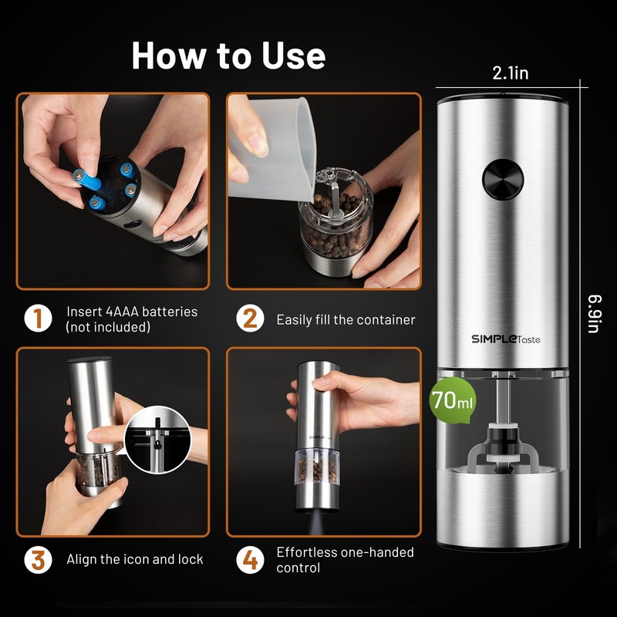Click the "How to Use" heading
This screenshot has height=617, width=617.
click(228, 56)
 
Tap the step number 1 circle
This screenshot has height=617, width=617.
click(38, 319)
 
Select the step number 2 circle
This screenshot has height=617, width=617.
click(249, 319)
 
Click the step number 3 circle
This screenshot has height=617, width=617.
click(38, 559)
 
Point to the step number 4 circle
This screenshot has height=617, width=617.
click(249, 559)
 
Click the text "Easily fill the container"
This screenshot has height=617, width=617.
click(346, 319)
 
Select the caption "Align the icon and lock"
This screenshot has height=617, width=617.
click(135, 559)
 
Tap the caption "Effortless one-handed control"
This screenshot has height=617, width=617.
click(345, 560)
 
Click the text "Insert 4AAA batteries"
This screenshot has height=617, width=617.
click(132, 312)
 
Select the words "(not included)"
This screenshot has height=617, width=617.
click(108, 327)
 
